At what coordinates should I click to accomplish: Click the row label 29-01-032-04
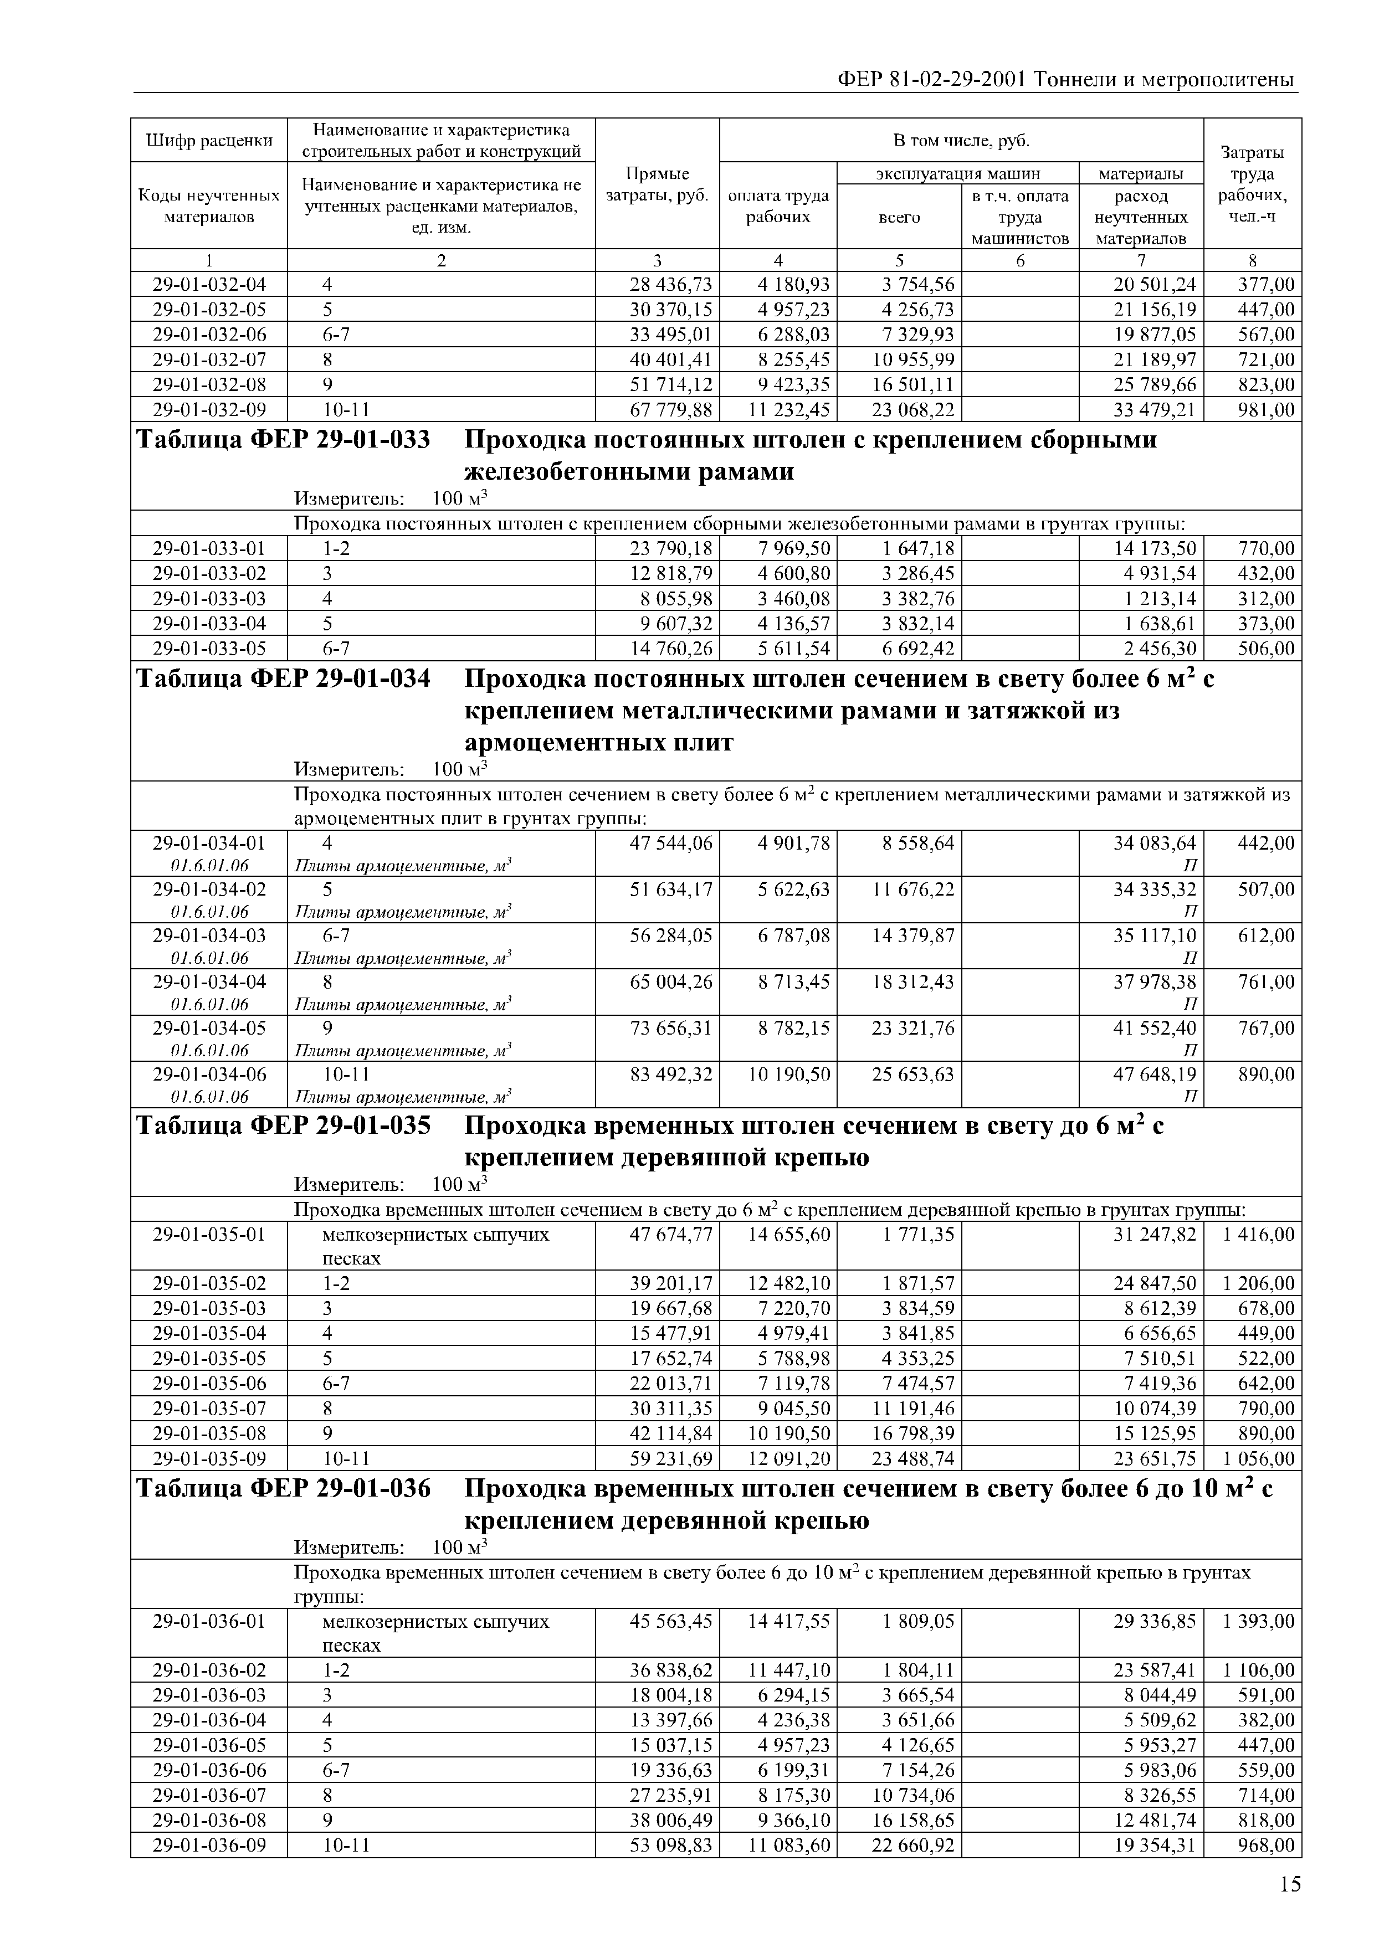209,284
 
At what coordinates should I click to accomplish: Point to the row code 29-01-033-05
209,649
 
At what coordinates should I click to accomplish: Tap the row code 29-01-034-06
209,1075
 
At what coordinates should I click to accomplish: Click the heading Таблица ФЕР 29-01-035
283,1127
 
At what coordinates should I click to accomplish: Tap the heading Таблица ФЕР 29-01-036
283,1489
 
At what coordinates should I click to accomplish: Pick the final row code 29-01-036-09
209,1845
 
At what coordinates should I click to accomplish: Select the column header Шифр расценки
209,141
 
